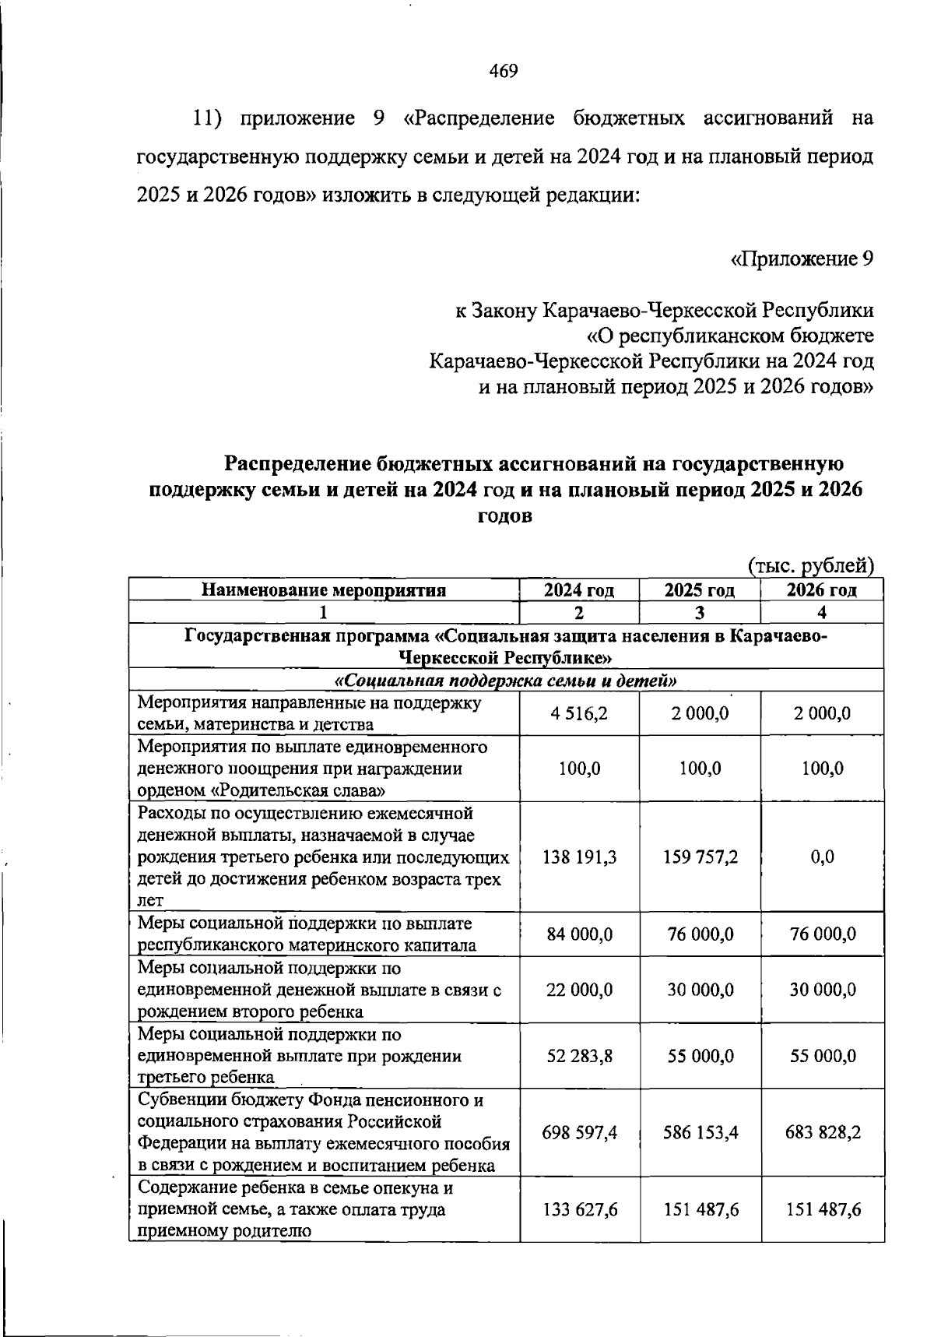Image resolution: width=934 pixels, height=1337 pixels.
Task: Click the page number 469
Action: point(504,72)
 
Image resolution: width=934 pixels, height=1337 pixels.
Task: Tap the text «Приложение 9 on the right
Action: point(802,259)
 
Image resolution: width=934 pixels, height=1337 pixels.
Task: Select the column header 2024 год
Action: point(579,590)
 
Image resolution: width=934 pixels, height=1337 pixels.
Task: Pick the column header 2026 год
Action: point(822,590)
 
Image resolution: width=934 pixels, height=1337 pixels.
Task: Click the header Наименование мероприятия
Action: point(324,590)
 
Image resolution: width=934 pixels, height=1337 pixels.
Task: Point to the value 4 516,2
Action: point(579,713)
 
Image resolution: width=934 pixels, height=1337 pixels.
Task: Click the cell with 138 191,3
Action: point(579,857)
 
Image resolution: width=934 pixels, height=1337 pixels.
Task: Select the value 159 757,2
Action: point(700,857)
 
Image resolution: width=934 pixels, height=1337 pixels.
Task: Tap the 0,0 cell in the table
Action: point(822,857)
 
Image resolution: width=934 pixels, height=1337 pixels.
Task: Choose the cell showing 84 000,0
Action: point(579,934)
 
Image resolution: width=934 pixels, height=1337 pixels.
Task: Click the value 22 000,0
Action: point(579,990)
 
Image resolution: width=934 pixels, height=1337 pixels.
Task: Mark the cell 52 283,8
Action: point(579,1056)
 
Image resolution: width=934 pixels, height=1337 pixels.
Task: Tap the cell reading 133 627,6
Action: point(579,1209)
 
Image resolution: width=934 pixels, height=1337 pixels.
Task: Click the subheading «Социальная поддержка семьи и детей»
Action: point(506,681)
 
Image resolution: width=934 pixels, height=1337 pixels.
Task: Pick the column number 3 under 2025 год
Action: point(700,613)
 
